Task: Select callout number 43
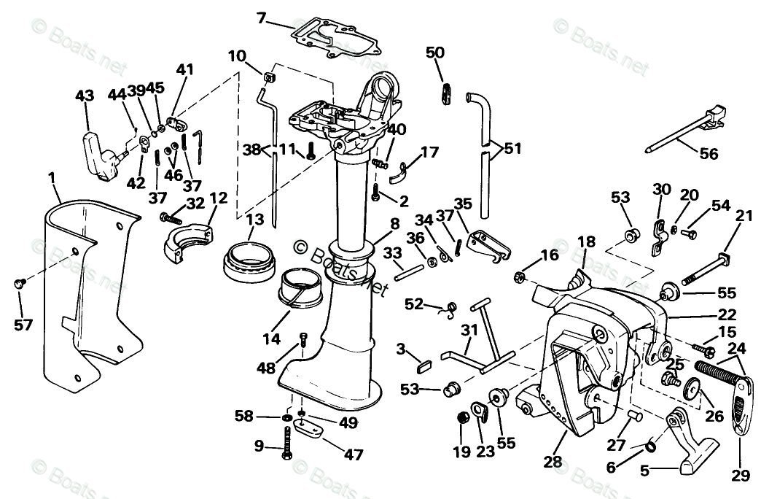[x=85, y=96]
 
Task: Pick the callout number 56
[x=708, y=153]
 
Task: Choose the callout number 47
[x=353, y=454]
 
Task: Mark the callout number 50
[x=434, y=53]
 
